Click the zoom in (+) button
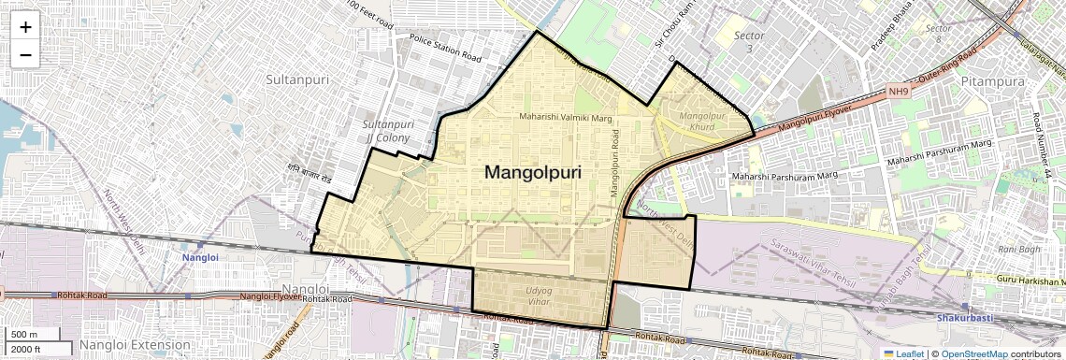click(25, 27)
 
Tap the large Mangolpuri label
click(532, 173)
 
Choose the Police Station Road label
click(445, 48)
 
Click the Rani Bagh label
click(1019, 249)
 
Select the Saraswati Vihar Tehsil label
click(813, 259)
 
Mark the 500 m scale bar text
click(24, 335)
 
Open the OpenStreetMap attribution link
click(973, 353)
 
